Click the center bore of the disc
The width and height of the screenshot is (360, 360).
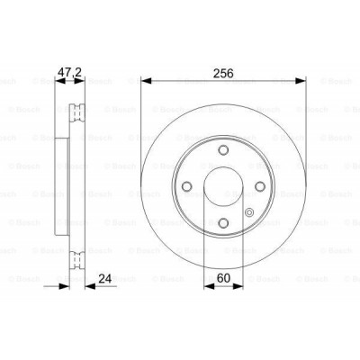[x=222, y=187]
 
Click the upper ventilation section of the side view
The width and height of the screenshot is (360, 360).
[x=77, y=112]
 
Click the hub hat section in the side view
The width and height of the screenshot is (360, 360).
[x=63, y=187]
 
